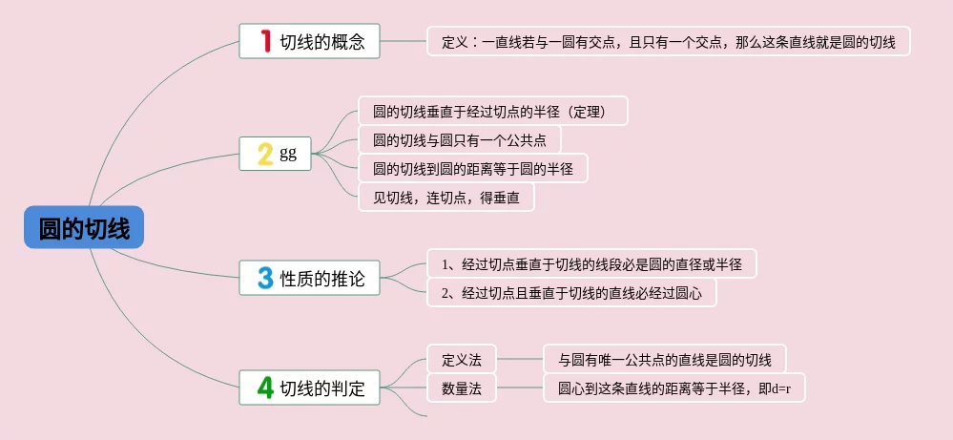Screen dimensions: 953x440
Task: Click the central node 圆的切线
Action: [85, 228]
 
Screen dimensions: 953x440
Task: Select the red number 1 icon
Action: [266, 42]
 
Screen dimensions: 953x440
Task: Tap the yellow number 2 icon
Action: [265, 154]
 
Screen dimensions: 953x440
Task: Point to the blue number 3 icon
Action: [266, 279]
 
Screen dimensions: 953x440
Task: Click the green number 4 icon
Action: [266, 388]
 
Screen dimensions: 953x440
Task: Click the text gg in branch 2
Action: [288, 154]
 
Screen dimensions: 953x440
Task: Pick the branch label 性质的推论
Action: [322, 280]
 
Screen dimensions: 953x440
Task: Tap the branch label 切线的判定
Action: [322, 388]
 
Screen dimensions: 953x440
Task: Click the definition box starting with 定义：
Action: [668, 42]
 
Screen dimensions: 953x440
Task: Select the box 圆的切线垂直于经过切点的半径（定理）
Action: [493, 111]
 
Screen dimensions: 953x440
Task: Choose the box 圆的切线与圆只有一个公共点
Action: [459, 140]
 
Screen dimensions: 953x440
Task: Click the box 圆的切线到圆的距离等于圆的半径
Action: [472, 169]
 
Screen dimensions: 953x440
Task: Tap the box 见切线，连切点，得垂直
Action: [445, 198]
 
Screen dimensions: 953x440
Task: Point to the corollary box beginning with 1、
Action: [591, 264]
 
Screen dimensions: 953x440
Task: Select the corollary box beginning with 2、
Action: [571, 293]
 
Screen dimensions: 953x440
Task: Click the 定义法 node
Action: [462, 360]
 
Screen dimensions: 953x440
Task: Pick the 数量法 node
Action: [462, 389]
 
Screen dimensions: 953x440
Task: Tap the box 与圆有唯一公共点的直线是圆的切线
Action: [664, 360]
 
